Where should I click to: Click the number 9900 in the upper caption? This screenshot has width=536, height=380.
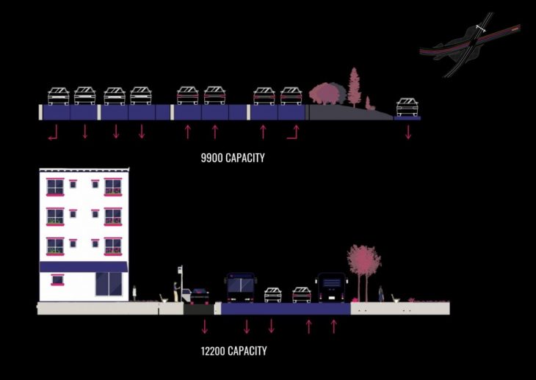[212, 158]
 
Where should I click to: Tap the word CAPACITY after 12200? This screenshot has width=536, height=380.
[247, 351]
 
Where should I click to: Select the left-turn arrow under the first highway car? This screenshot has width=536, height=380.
[52, 133]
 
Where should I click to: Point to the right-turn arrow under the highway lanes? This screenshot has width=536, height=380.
[294, 132]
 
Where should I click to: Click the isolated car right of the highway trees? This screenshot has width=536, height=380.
[408, 107]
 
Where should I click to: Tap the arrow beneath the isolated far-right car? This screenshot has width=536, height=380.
[408, 132]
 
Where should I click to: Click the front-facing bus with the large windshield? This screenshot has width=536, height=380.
[241, 288]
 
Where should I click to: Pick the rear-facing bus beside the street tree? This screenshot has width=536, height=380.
[331, 288]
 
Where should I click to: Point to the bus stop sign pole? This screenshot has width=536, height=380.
[181, 282]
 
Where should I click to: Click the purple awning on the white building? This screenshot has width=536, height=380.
[83, 267]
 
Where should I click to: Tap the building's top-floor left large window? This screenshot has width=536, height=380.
[55, 186]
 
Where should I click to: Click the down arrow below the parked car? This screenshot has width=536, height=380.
[205, 326]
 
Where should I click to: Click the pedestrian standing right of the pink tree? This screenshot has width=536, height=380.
[380, 293]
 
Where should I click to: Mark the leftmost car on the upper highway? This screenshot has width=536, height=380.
[59, 96]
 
